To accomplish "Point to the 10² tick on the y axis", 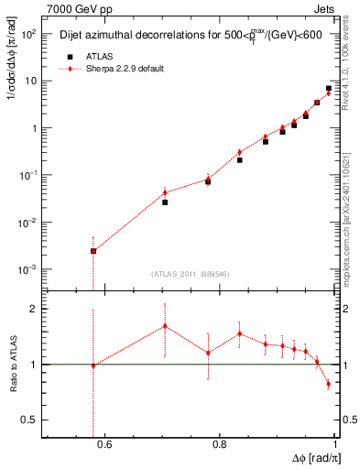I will point(30,34).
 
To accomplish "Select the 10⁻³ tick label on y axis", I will point(29,269).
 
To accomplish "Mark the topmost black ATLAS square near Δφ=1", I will point(329,89).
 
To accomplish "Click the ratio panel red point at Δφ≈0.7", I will point(165,326).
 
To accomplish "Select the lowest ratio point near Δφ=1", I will point(329,384).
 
